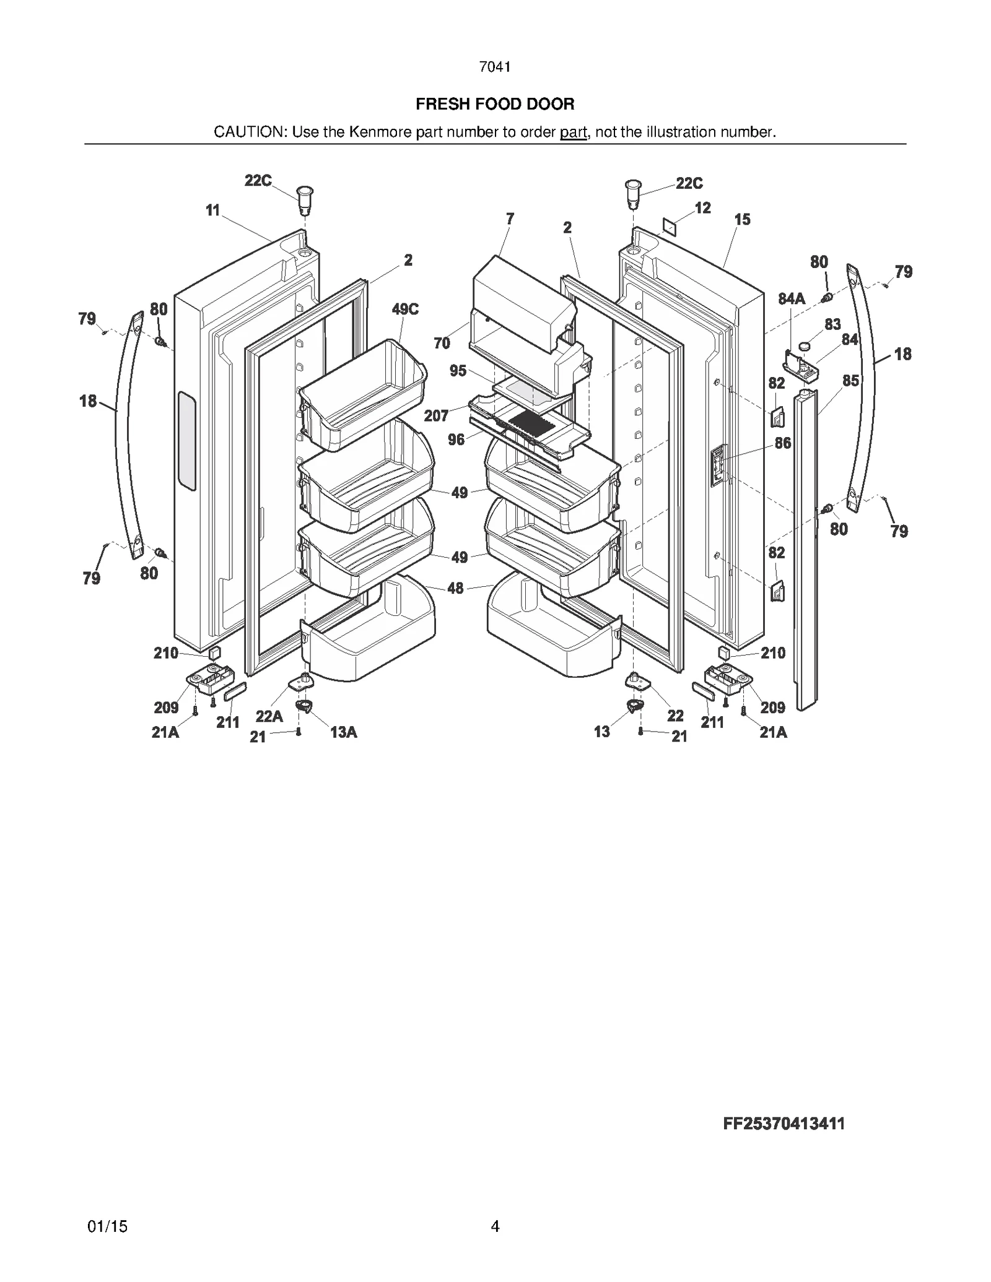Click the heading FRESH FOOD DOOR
pos(495,104)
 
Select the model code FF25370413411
pos(784,1124)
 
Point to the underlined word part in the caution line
pos(573,132)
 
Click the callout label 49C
pos(405,309)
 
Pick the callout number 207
pos(436,415)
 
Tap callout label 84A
pos(792,299)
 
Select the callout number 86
pos(783,443)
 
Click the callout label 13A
pos(343,732)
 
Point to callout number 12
pos(702,208)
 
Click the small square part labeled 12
pos(669,227)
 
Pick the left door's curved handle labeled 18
pos(126,433)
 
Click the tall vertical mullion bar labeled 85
pos(806,551)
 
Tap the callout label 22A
pos(269,716)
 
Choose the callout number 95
pos(458,371)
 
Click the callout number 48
pos(455,588)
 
